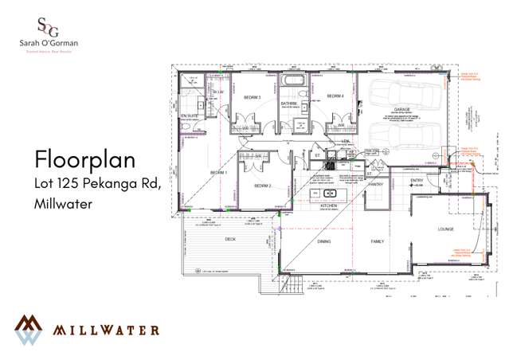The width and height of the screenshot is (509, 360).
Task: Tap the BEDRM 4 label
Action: pos(335,96)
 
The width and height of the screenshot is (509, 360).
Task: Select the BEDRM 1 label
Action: pos(218,172)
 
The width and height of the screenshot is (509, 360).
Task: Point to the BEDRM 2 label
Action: pos(264,186)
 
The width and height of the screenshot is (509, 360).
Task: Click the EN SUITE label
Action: pos(188,116)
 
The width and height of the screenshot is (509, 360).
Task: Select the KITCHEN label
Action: pos(330,205)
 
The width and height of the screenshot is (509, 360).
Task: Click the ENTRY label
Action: pos(417,181)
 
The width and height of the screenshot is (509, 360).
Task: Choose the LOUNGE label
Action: pos(446,229)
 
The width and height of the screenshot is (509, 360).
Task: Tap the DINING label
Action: pos(325,241)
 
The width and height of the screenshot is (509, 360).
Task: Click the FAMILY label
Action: pos(376,241)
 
